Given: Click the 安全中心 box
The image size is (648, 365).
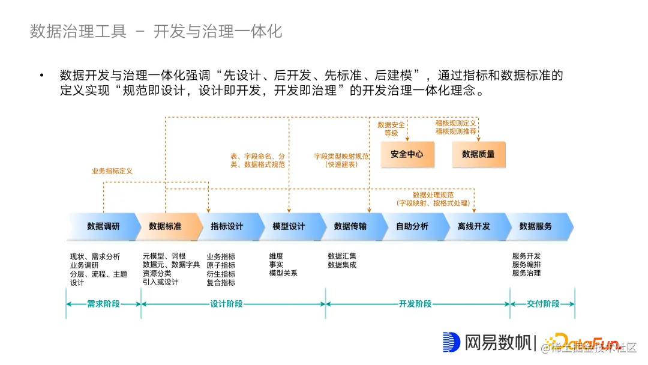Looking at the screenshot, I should pyautogui.click(x=406, y=154).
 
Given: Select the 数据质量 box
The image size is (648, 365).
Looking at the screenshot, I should pyautogui.click(x=478, y=154).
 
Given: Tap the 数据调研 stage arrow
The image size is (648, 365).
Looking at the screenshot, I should pyautogui.click(x=103, y=226).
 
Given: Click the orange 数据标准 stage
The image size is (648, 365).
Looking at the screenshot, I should pyautogui.click(x=165, y=226).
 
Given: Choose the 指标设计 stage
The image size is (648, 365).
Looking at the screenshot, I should pyautogui.click(x=227, y=226).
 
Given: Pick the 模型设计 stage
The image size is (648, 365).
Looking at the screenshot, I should pyautogui.click(x=289, y=226).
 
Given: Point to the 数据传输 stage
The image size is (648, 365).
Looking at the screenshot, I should pyautogui.click(x=350, y=226).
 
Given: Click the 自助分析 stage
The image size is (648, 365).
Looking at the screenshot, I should pyautogui.click(x=412, y=226).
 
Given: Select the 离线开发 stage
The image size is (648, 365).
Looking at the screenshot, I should pyautogui.click(x=474, y=226).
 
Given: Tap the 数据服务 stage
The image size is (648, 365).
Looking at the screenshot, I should pyautogui.click(x=536, y=226).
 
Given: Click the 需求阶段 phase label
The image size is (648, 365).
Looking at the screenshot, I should pyautogui.click(x=103, y=304).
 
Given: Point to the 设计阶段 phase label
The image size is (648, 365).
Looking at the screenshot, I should pyautogui.click(x=227, y=304).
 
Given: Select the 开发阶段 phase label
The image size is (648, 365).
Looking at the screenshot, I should pyautogui.click(x=415, y=304).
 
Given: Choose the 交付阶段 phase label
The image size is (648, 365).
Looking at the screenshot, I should pyautogui.click(x=543, y=304).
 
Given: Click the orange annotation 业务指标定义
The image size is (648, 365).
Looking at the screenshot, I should pyautogui.click(x=112, y=171).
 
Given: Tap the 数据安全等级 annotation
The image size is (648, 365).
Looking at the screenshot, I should pyautogui.click(x=391, y=128).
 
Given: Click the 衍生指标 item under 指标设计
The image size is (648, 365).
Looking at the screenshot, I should pyautogui.click(x=221, y=274).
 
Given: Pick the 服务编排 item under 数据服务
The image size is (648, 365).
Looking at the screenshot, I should pyautogui.click(x=526, y=265).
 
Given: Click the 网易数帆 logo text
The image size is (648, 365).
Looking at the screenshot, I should pyautogui.click(x=498, y=343).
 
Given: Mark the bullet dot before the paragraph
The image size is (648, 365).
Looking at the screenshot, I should pyautogui.click(x=42, y=76).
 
